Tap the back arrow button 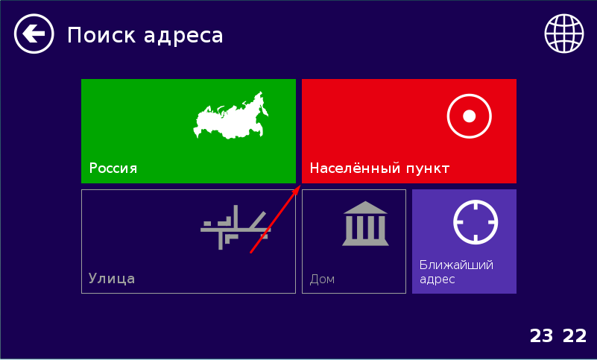(34, 34)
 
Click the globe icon (564, 34)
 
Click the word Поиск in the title (101, 36)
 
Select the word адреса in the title (183, 37)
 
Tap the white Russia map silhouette (231, 116)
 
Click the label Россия (113, 168)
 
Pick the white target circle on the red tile (469, 116)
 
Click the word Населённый (355, 168)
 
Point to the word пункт (428, 168)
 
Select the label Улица (112, 279)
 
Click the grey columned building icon (365, 224)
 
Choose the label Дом (322, 280)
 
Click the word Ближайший (456, 265)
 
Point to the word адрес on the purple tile (437, 280)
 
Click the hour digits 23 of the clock (541, 336)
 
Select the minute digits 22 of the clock (575, 336)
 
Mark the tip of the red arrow (300, 186)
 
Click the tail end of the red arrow (250, 252)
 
